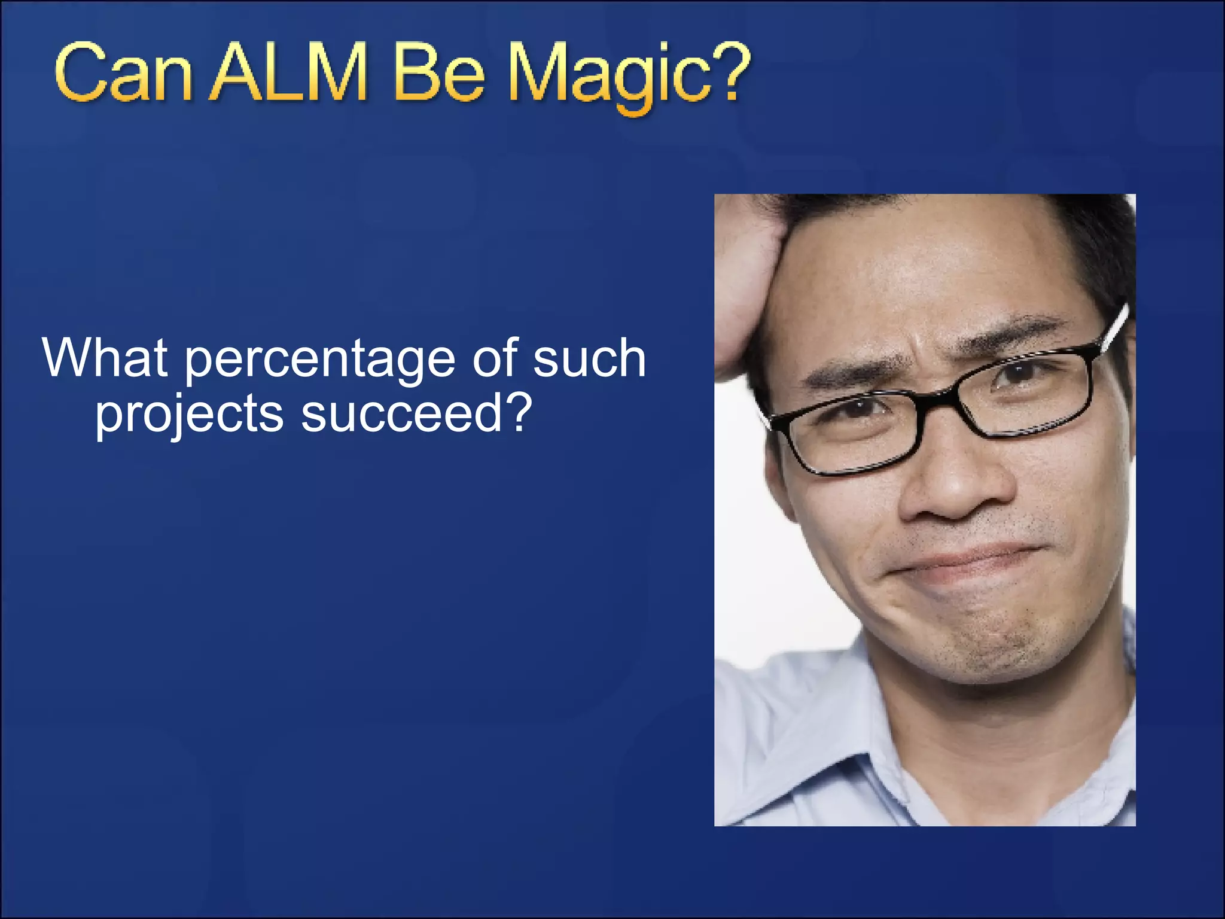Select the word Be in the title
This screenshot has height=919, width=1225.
pyautogui.click(x=438, y=75)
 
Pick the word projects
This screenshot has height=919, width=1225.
pyautogui.click(x=189, y=416)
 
